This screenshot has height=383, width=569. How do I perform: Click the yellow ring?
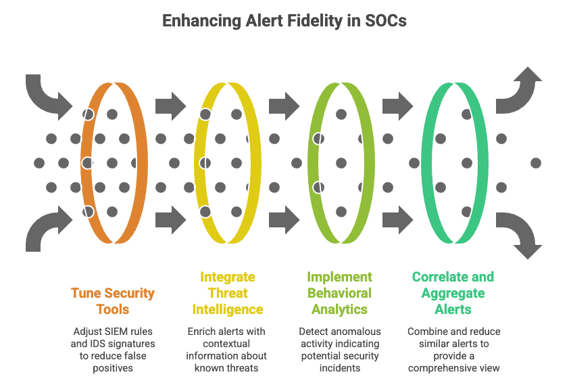tap(257, 162)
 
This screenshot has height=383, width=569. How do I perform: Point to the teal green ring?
tap(484, 162)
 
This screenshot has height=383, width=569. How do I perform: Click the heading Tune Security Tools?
tap(113, 301)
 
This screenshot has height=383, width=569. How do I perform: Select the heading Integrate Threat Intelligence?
tap(228, 293)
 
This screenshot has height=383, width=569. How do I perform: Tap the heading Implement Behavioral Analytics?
tap(339, 293)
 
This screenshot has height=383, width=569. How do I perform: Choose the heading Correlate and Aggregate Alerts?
tap(453, 293)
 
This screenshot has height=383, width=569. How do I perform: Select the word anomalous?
tap(355, 332)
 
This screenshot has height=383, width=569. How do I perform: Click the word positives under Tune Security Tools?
tap(113, 368)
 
